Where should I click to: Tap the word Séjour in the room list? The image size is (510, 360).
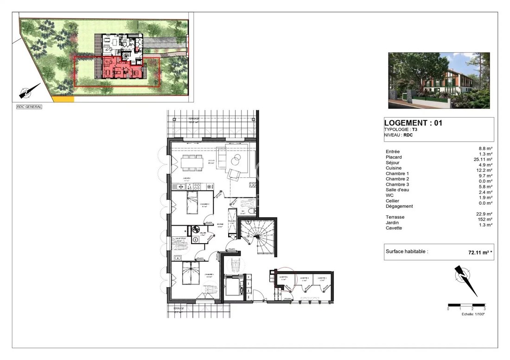[x=392, y=163]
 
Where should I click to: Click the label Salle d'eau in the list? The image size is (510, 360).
[x=397, y=189]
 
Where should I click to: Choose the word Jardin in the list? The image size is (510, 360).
[x=392, y=222]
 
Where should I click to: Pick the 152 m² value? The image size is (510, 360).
[x=485, y=219]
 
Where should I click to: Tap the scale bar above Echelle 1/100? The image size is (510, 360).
[x=466, y=308]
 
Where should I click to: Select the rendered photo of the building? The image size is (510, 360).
[x=439, y=80]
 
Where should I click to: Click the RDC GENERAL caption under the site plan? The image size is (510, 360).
[x=29, y=107]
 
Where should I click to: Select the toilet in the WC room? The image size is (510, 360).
[x=251, y=211]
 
